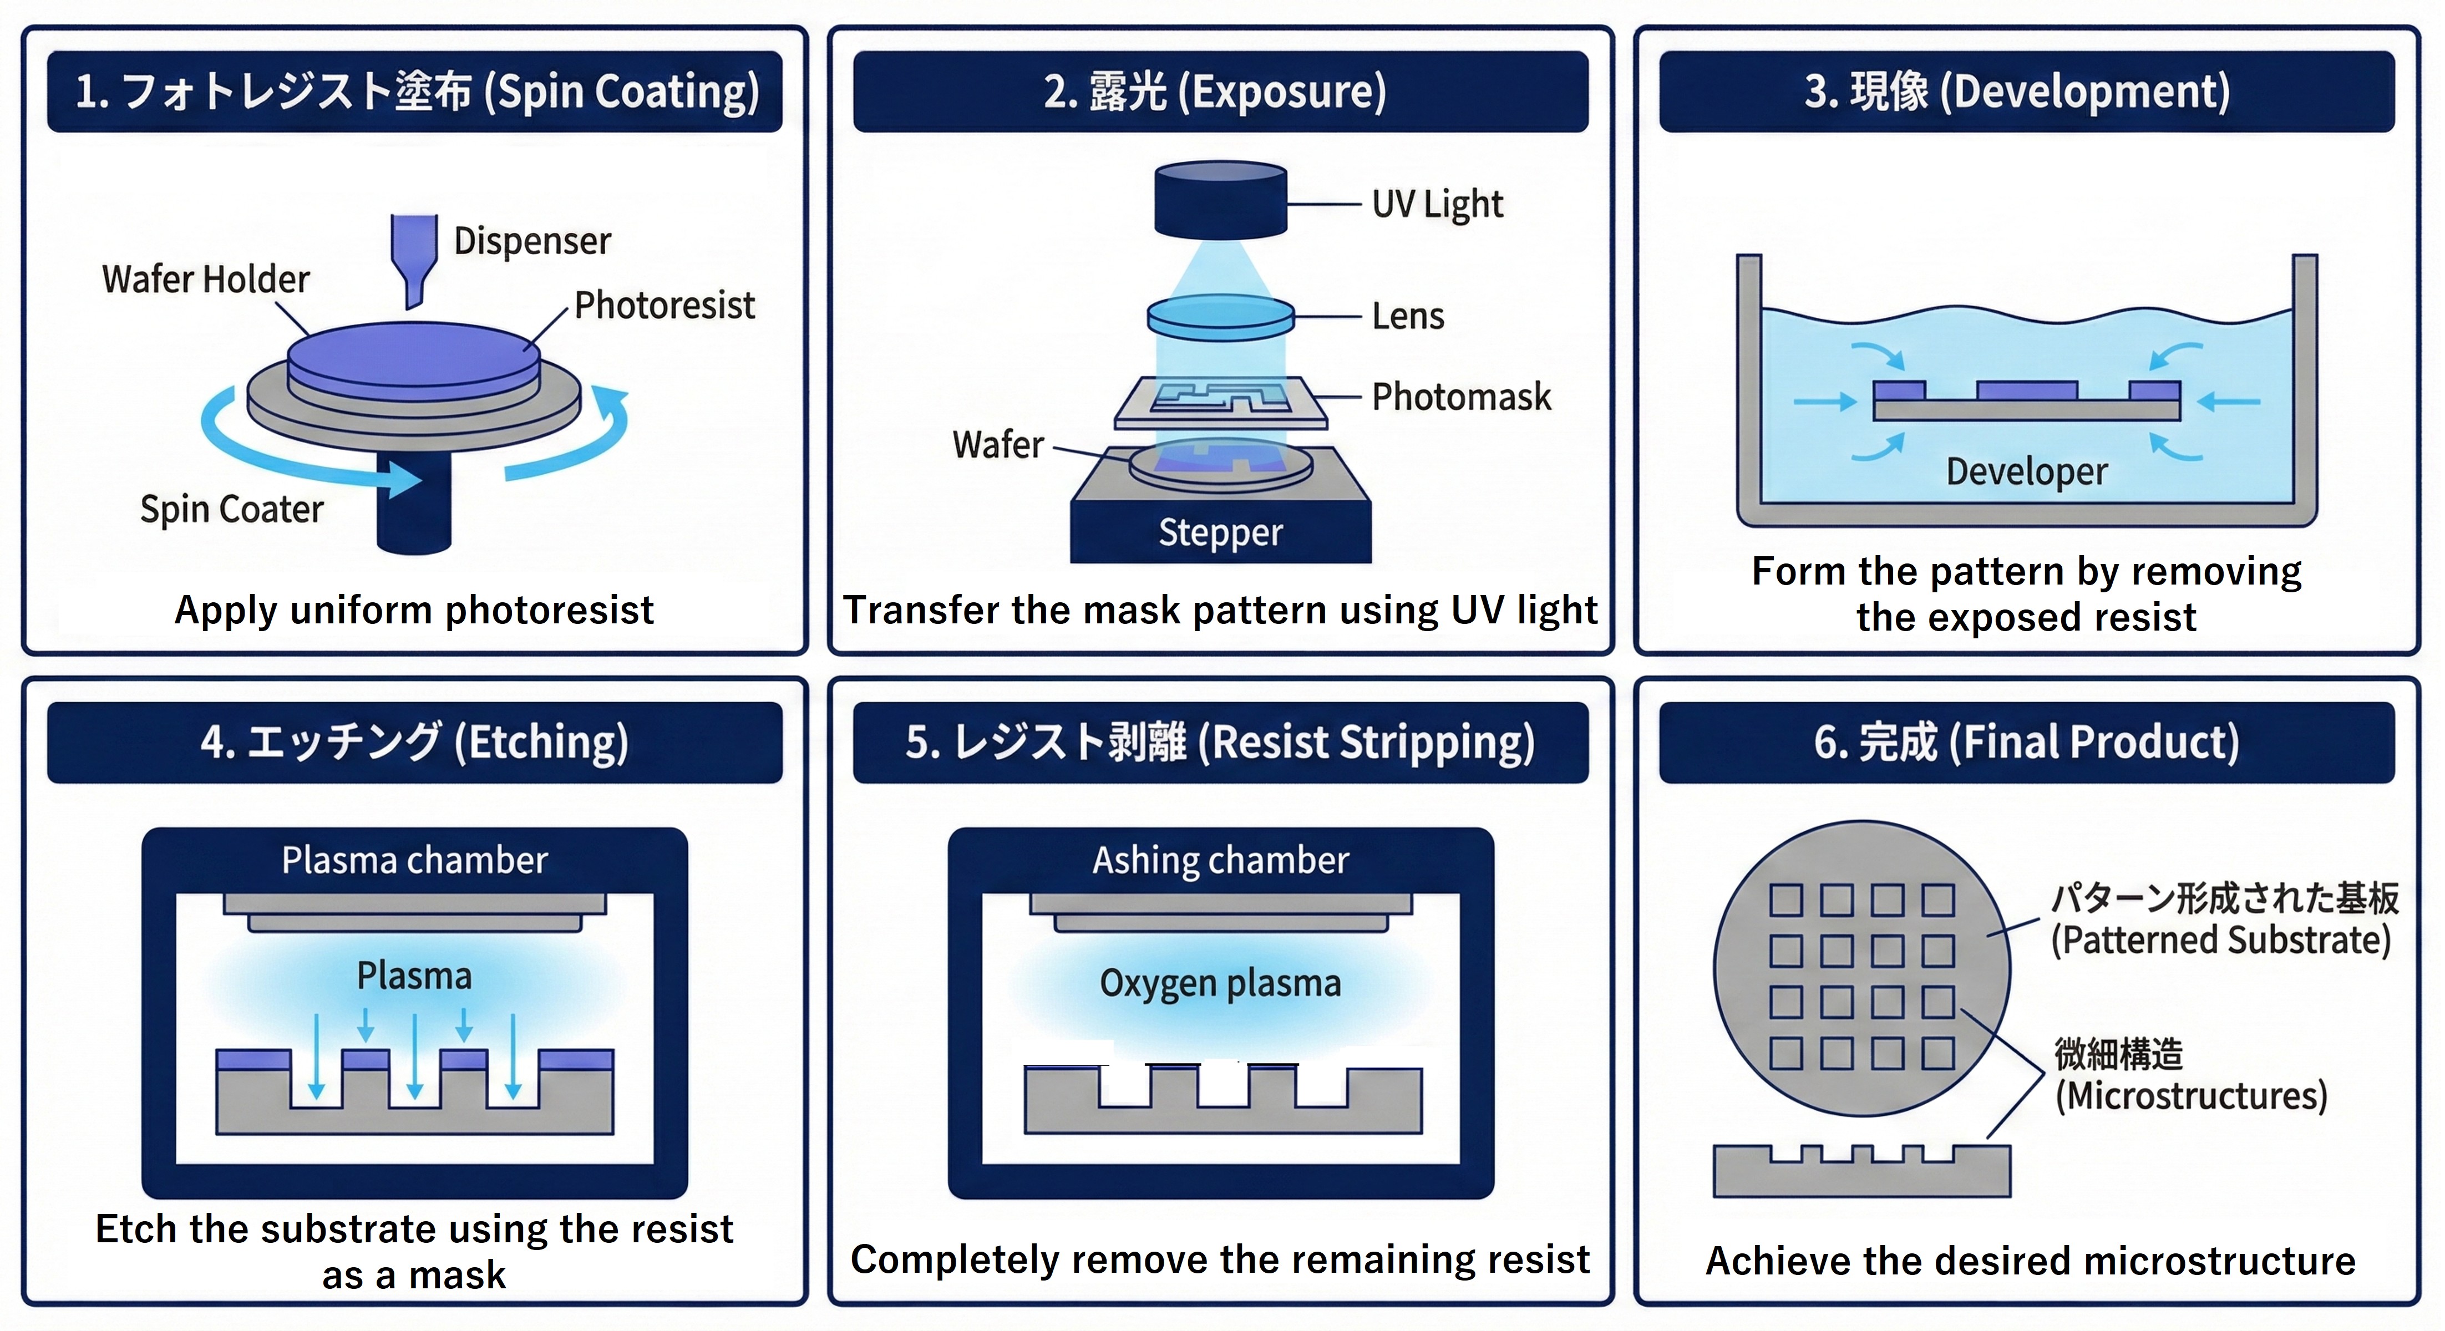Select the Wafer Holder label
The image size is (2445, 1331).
click(206, 280)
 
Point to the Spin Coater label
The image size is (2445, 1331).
click(232, 510)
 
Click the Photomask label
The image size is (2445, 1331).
click(1461, 397)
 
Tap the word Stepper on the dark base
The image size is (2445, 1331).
click(1221, 532)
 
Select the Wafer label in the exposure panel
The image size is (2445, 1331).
click(997, 444)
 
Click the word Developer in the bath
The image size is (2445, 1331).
click(2026, 471)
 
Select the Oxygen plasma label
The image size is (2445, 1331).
click(1221, 984)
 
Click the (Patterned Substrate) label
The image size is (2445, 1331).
click(2220, 940)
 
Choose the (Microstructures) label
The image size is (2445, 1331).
click(2190, 1096)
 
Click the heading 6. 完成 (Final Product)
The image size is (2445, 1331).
click(2026, 742)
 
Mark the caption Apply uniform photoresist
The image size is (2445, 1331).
click(415, 610)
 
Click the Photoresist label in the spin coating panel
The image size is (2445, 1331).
click(664, 306)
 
